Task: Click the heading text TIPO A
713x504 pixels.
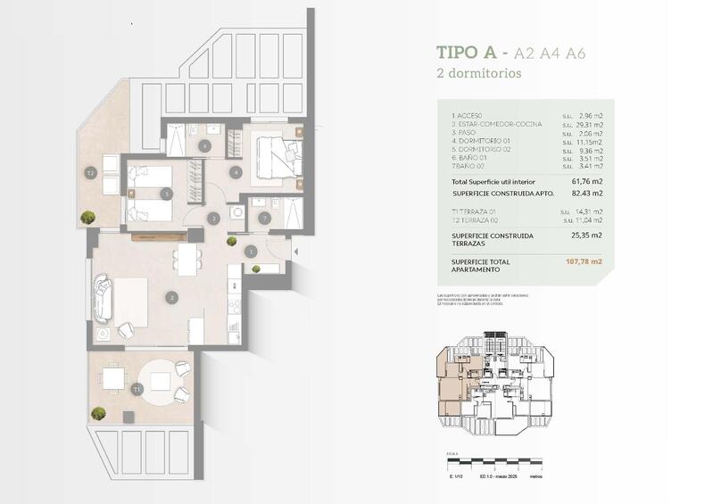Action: click(472, 54)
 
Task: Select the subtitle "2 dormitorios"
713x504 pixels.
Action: click(477, 74)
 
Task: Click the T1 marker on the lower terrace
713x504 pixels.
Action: click(137, 390)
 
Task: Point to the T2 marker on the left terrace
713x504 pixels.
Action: click(90, 173)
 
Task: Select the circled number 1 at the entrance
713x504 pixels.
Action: click(251, 252)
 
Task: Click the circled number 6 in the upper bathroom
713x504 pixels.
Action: click(204, 145)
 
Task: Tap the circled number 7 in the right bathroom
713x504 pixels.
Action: click(263, 217)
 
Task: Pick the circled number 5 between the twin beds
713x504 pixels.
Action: click(165, 194)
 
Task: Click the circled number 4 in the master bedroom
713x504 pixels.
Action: click(236, 172)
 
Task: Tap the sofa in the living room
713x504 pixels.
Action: click(104, 300)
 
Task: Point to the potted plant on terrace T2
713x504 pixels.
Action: click(87, 217)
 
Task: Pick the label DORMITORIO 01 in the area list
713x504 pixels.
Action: click(481, 141)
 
